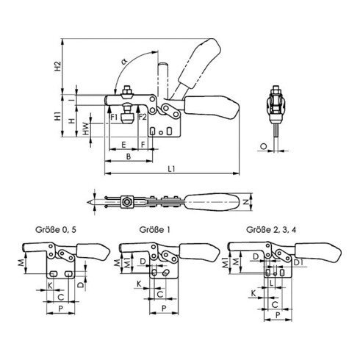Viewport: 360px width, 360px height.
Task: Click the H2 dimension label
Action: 57,65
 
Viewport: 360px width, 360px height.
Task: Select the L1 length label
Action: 172,169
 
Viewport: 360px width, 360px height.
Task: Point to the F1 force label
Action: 114,117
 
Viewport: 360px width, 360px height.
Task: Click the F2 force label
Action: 143,117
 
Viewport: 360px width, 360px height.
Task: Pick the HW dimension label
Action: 85,129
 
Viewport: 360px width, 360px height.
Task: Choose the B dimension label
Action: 129,156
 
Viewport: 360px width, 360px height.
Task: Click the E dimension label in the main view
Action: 123,145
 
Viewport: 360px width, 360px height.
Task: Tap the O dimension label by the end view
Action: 264,146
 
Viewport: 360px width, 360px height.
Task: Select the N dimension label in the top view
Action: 246,202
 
